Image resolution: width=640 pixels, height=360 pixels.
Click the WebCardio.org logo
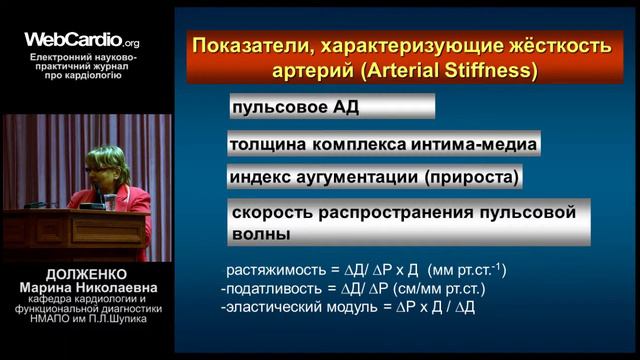point(82,41)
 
